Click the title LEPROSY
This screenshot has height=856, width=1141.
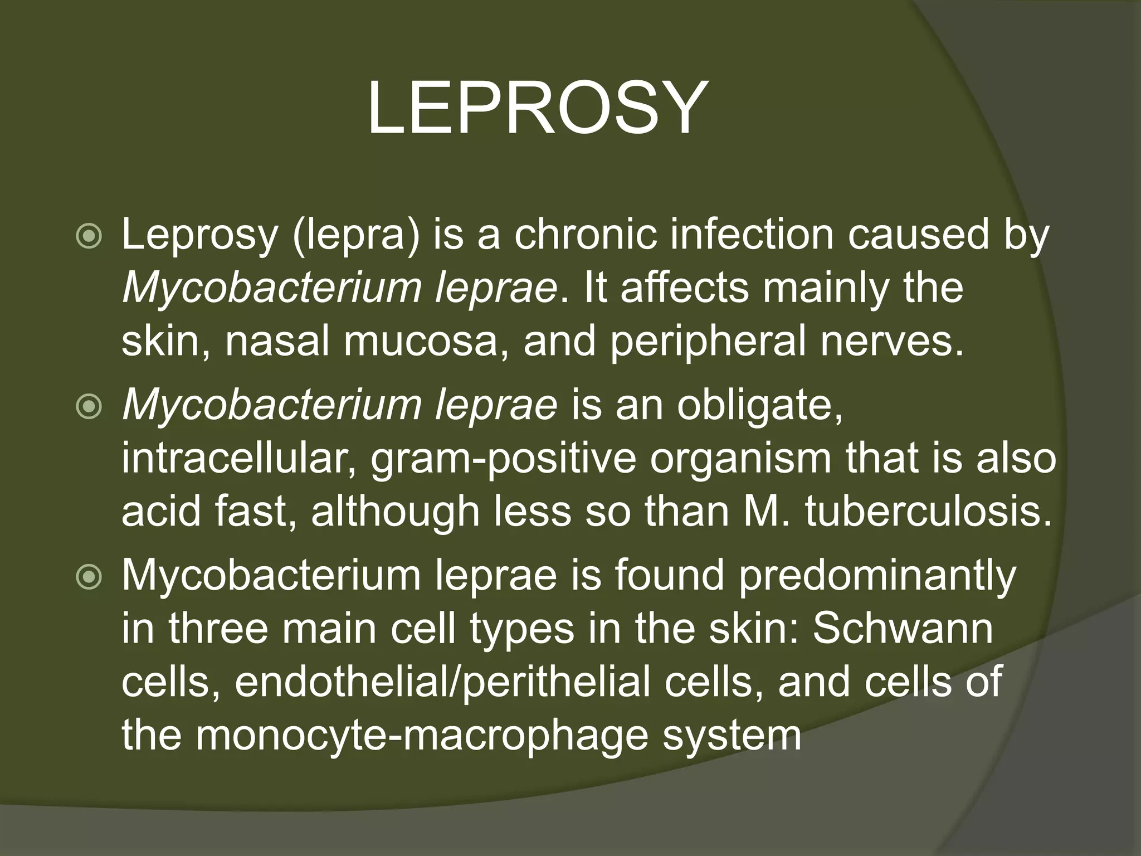(537, 108)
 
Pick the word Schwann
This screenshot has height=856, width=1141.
(903, 629)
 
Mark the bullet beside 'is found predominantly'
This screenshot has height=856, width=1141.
(89, 578)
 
